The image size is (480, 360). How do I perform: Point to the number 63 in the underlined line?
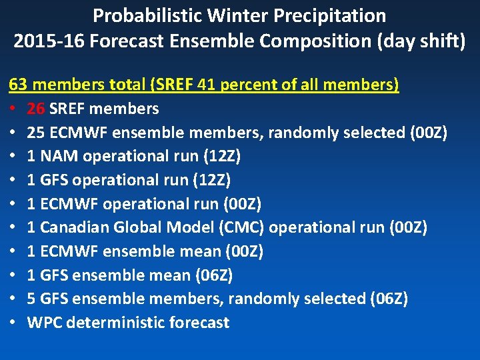tap(18, 85)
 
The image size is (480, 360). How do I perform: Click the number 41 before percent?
tap(207, 85)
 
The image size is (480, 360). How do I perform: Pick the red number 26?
tap(36, 109)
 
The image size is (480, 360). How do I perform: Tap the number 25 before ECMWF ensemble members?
tap(36, 133)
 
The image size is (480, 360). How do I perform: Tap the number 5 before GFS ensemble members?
tap(31, 299)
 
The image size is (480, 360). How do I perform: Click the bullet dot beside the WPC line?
tap(13, 323)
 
